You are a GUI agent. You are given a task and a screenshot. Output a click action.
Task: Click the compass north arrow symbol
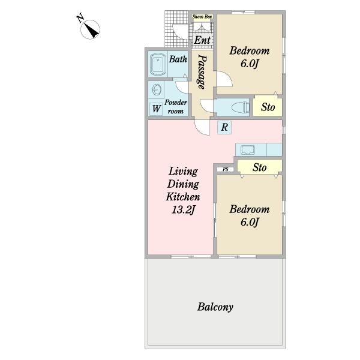point(90,29)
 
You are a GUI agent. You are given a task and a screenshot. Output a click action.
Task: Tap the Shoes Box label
point(202,17)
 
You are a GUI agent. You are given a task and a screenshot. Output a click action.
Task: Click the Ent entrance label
point(202,40)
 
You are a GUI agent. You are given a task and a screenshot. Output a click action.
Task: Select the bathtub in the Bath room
point(158,64)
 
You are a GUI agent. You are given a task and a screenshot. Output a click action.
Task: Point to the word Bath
point(178,59)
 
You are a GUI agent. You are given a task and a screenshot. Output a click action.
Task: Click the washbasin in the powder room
point(157,90)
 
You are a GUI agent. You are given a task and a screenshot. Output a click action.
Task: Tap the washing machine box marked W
point(157,109)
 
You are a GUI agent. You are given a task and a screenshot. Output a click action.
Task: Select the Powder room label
point(176,107)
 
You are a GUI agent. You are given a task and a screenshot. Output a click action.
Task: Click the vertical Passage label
point(202,71)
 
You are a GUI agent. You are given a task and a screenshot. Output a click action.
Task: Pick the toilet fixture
point(241,107)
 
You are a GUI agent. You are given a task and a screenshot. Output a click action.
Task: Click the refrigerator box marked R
point(224,127)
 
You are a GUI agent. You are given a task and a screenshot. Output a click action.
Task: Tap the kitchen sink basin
point(247,150)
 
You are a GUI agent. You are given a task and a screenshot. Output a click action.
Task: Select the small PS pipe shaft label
point(226,170)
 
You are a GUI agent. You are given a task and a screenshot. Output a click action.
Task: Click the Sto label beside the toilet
point(268,107)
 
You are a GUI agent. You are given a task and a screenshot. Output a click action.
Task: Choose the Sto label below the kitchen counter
point(259,167)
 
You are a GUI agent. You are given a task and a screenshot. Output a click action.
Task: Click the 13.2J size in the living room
point(183,209)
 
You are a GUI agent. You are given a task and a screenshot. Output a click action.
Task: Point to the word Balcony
point(215,307)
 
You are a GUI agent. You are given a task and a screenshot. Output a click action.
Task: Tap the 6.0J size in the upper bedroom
point(250,64)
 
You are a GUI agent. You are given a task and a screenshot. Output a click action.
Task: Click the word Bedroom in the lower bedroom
point(250,209)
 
